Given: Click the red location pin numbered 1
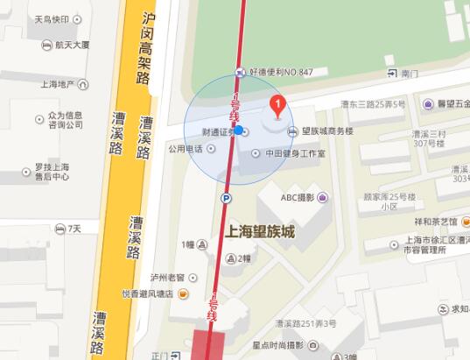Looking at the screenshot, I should coord(277,107).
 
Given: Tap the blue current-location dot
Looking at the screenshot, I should coord(239,131).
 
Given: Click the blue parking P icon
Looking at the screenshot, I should coord(226,199).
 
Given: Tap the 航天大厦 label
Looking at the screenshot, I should coord(71,43).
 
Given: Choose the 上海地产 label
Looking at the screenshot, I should coord(58,84).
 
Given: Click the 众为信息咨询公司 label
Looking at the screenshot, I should coord(65,120).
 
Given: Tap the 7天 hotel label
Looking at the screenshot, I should coord(74,229).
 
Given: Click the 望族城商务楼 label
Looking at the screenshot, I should coord(326,131).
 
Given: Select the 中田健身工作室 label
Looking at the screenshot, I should coord(294,153).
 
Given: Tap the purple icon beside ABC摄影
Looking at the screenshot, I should coord(324,198).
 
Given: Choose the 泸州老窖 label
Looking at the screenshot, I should coord(165,275).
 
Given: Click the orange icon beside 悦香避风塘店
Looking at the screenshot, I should coord(181,293).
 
